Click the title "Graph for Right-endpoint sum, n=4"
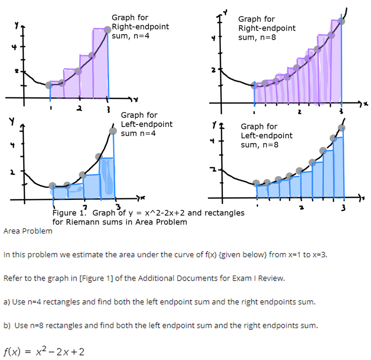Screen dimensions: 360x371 point(140,27)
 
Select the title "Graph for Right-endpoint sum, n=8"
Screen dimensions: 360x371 point(267,28)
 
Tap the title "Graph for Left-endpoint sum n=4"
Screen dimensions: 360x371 point(147,124)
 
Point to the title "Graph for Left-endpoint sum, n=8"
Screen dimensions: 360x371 point(266,136)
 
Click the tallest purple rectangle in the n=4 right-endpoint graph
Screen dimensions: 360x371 point(100,63)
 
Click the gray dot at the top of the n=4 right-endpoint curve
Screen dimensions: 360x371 point(107,30)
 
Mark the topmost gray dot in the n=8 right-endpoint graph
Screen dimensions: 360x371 point(342,21)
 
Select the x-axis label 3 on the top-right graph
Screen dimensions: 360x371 point(341,111)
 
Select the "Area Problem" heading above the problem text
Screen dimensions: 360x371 point(27,231)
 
